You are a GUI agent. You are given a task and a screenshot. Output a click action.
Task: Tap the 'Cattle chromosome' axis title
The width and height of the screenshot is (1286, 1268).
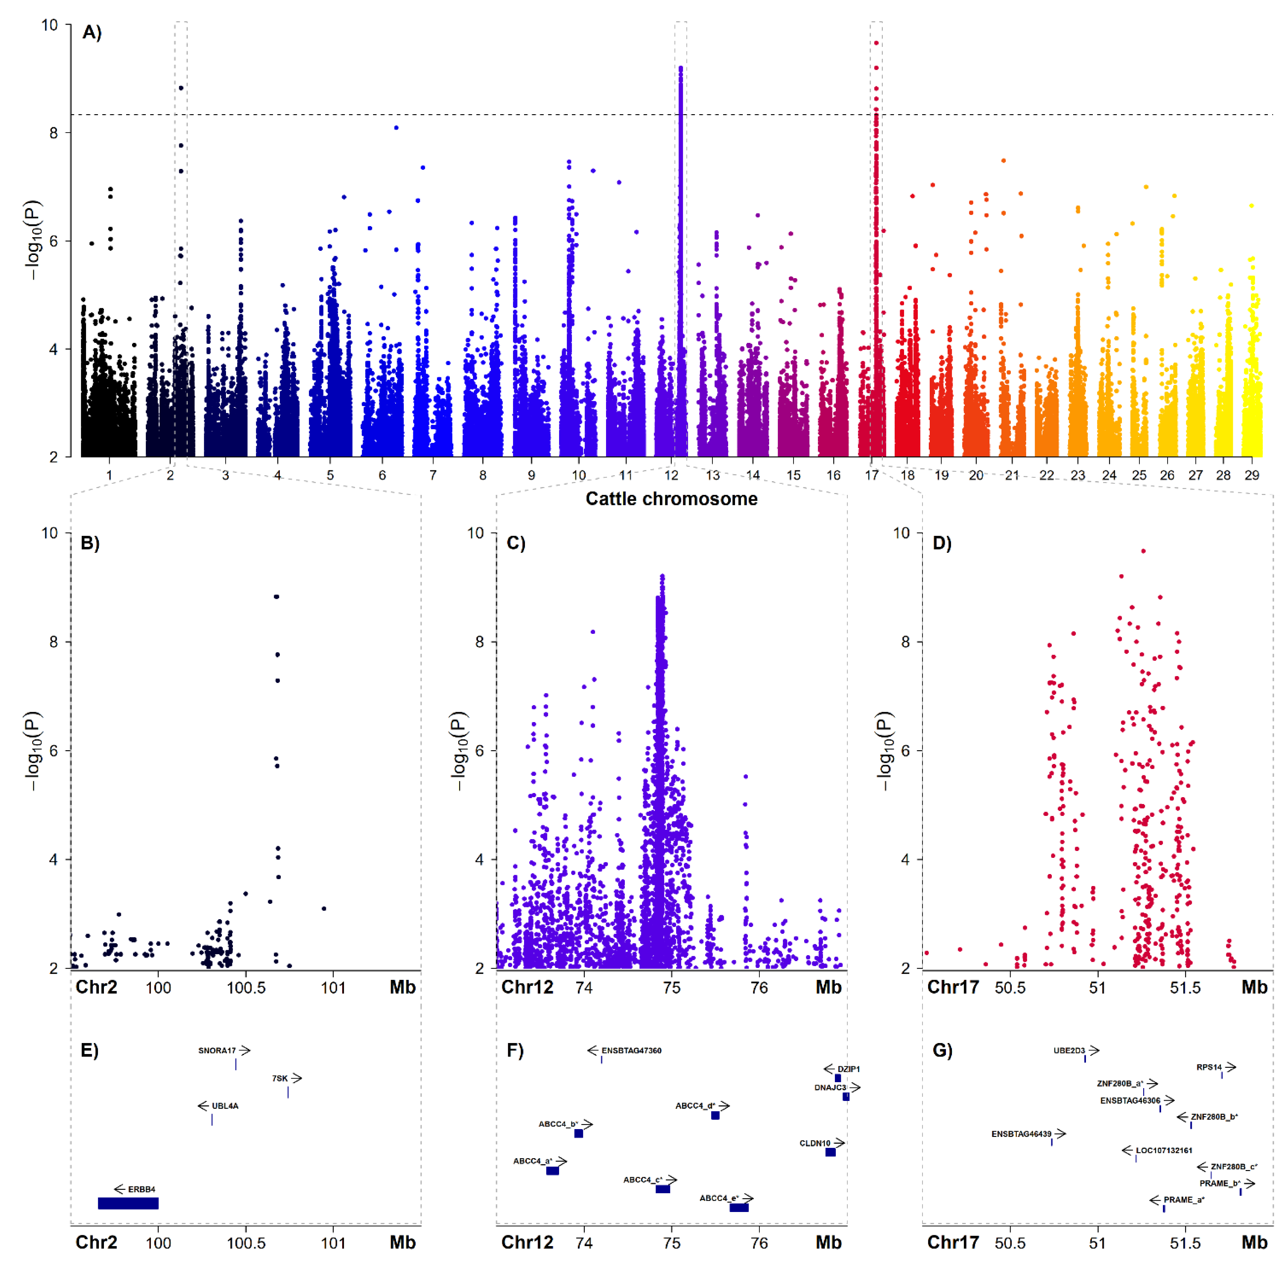coord(671,499)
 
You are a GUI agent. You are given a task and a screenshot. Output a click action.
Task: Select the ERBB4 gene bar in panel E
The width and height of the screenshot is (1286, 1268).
coord(128,1203)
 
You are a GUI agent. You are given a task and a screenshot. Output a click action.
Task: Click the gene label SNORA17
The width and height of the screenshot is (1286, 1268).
coord(217,1051)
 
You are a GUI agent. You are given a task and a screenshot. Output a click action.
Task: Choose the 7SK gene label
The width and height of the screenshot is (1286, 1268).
coord(280,1078)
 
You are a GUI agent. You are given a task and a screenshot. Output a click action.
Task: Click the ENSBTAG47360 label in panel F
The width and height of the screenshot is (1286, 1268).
coord(631,1051)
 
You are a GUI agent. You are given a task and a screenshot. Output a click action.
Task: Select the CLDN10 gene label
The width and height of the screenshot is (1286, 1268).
coord(815,1143)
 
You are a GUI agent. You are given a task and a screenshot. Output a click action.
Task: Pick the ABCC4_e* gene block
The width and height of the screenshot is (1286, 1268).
coord(739,1207)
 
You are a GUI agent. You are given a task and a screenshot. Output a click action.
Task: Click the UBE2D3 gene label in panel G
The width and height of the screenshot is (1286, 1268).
coord(1069,1051)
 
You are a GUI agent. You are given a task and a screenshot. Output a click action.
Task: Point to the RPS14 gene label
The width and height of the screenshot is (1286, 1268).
coord(1209,1067)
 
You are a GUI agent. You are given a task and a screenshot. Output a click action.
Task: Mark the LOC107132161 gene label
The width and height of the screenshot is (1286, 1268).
coord(1164,1150)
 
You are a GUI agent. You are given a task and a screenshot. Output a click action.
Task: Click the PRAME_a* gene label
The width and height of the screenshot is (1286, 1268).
coord(1184,1199)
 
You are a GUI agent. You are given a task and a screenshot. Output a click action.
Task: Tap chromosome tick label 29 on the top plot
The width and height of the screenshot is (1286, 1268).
coord(1252,475)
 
